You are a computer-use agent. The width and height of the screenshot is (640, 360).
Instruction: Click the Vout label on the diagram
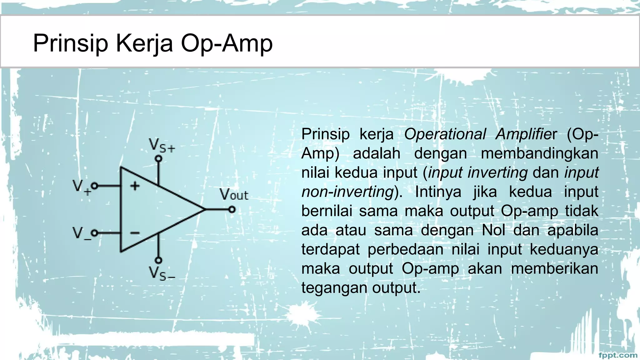point(234,195)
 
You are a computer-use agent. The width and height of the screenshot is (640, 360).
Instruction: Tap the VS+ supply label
point(162,146)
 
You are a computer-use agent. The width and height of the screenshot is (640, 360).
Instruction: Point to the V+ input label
point(81,187)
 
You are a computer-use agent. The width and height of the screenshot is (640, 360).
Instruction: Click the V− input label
point(81,233)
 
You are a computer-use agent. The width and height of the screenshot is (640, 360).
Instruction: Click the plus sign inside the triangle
point(135,186)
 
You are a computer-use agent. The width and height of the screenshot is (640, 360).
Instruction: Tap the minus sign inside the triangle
point(135,233)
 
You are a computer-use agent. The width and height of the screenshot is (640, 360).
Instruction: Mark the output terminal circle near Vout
point(232,209)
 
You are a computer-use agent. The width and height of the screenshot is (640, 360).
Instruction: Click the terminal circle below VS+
point(159,159)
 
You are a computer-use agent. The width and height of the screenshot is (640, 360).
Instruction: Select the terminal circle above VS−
point(159,260)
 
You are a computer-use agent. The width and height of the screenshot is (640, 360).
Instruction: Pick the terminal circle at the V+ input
point(94,186)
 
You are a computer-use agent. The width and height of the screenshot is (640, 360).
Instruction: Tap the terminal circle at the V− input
point(94,233)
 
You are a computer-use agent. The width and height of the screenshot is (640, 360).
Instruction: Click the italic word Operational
point(445,134)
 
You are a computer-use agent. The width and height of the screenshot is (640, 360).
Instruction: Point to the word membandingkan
point(539,153)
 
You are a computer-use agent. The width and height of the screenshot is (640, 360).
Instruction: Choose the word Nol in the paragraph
point(493,230)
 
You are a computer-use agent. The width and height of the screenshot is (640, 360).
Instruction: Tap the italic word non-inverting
point(347,192)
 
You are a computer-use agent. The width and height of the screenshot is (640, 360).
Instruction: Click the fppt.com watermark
point(618,355)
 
